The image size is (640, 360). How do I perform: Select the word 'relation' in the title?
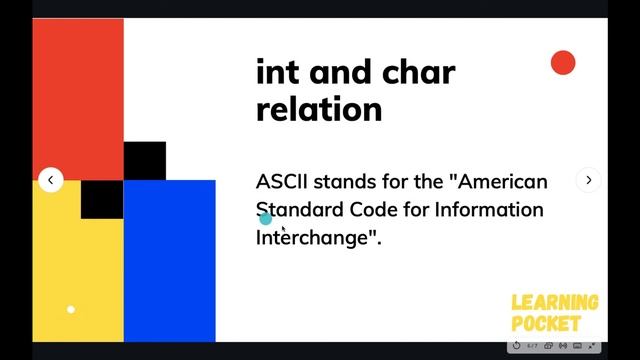(319, 108)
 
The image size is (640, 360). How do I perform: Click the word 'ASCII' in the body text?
(284, 182)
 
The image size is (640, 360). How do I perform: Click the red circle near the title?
(563, 63)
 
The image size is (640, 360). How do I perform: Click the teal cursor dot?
(265, 218)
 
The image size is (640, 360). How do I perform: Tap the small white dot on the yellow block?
(71, 309)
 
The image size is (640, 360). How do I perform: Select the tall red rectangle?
(78, 95)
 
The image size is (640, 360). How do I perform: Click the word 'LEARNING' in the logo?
(555, 303)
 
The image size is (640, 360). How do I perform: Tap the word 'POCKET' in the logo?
(546, 324)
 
